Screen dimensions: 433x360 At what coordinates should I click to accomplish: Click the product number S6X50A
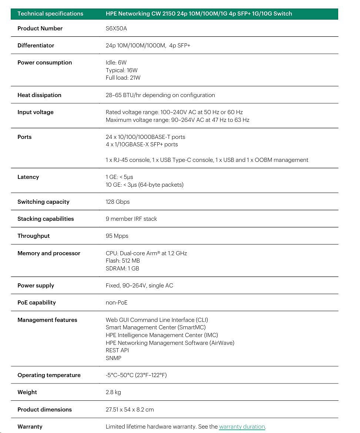116,29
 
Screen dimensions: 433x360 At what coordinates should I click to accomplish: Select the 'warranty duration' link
242,427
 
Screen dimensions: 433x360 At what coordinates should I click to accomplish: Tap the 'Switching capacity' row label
43,202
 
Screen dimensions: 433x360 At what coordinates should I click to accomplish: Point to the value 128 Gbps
118,202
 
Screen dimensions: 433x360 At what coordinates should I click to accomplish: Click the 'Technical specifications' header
50,14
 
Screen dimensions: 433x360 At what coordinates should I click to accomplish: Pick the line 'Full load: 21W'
123,78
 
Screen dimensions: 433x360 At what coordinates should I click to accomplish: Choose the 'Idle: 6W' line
116,63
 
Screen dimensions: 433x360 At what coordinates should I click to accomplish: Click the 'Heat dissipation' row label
39,95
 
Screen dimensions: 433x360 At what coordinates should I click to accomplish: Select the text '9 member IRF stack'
131,219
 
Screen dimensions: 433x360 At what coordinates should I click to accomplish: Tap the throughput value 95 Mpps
117,236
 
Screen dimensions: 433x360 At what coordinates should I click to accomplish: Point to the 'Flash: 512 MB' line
123,261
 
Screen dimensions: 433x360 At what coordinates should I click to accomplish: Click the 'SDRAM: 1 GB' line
122,269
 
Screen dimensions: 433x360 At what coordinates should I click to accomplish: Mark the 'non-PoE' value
117,303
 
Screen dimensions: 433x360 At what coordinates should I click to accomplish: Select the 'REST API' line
117,350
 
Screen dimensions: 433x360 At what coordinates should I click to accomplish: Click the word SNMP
114,358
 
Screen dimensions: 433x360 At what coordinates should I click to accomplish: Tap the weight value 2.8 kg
113,392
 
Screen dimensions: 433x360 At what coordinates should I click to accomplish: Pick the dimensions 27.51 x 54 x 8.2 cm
129,410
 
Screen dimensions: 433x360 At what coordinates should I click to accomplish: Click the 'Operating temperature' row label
49,375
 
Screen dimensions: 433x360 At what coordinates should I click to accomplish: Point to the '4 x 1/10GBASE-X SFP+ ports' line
142,144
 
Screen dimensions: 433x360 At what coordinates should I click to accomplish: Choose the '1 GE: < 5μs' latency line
120,177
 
